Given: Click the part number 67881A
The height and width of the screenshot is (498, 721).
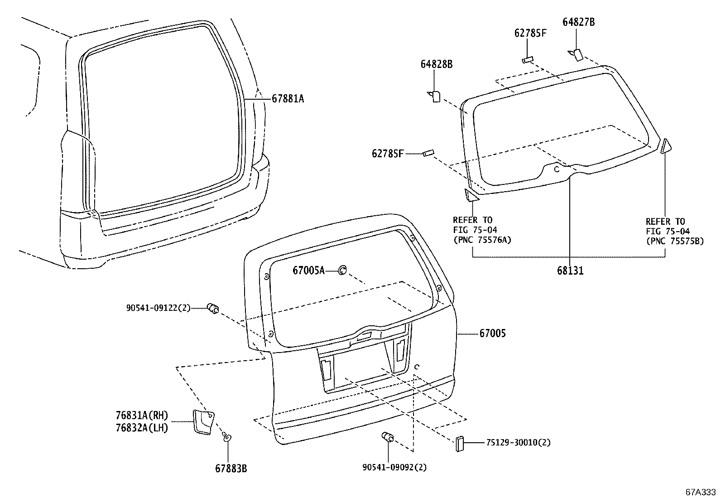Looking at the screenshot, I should [x=288, y=98].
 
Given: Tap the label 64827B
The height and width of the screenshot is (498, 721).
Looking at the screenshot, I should [x=578, y=22].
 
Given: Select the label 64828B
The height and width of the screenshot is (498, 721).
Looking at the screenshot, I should [x=436, y=64].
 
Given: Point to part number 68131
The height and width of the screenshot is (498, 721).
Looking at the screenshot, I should [x=570, y=271].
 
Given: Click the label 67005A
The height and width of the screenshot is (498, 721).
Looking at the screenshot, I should [x=308, y=271].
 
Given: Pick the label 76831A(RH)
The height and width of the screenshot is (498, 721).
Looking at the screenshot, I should [x=142, y=416].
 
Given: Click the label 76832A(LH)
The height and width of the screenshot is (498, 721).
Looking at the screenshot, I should [x=142, y=427].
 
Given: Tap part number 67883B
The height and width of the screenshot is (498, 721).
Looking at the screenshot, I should [x=231, y=469].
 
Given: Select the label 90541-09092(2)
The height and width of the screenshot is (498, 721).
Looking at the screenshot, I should [x=394, y=467].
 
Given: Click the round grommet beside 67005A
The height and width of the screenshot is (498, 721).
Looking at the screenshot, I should [x=343, y=271].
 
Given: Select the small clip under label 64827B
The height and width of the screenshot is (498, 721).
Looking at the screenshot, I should [x=576, y=54].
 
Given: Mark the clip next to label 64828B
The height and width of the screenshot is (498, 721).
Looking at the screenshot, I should [x=435, y=96].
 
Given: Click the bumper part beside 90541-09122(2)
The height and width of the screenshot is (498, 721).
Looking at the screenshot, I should [x=213, y=309].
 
